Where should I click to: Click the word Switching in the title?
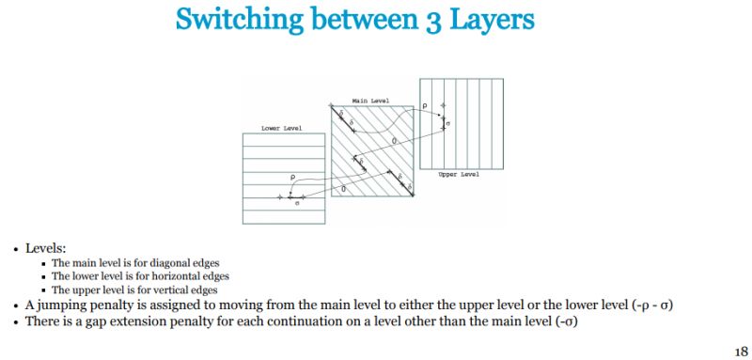pos(240,20)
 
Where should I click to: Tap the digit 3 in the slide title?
pos(433,21)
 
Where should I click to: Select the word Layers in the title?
pos(492,20)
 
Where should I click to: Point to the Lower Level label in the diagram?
pos(281,129)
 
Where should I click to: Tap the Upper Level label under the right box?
pos(459,175)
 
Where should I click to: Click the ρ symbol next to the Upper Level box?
pos(425,106)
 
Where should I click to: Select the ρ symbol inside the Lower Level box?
pos(293,178)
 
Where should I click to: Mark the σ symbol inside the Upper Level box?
pos(448,124)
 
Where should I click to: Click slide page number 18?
pos(741,351)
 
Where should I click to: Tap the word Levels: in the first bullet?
pos(45,248)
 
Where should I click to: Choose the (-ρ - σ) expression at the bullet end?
pos(652,305)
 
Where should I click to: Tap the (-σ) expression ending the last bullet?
pos(567,321)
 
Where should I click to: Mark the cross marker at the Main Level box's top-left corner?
pos(331,105)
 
